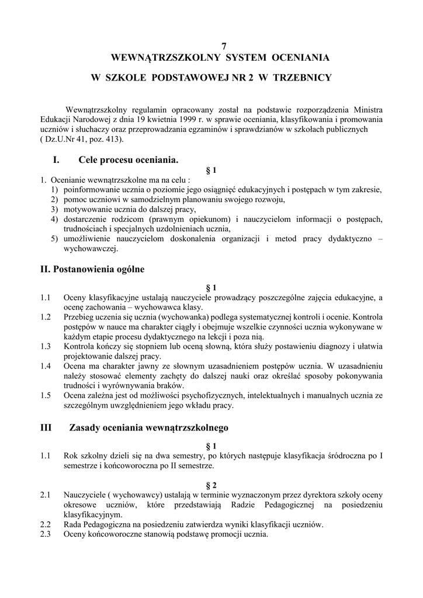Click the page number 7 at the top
pos(223,46)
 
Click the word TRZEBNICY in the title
pos(302,77)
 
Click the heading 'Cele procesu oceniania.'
pos(128,159)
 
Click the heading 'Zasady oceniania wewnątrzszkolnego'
pos(148,427)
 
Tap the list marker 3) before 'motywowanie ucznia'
pos(54,209)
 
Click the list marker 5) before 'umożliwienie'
pos(54,238)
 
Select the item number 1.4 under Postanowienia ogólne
pos(46,366)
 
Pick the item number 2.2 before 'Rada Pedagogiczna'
pos(46,524)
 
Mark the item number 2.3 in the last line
pos(46,534)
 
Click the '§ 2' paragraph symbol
pos(211,485)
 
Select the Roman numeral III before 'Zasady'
pos(46,427)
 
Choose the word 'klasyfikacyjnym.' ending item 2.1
pos(93,514)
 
